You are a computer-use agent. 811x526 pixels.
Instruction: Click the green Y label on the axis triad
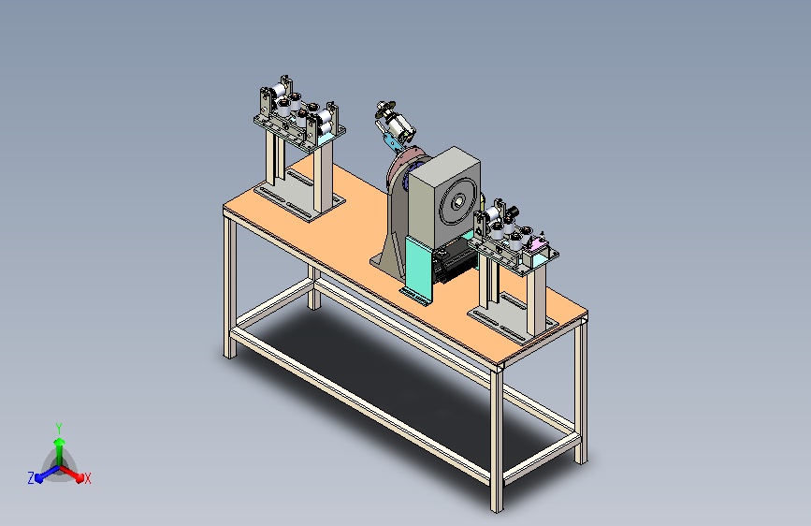click(x=59, y=428)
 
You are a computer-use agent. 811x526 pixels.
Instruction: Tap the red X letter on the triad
click(x=87, y=478)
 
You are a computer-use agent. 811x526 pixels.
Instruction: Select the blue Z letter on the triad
click(x=31, y=478)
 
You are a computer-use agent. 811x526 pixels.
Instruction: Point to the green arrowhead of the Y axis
click(x=60, y=443)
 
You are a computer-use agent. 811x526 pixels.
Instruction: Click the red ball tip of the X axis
click(x=80, y=478)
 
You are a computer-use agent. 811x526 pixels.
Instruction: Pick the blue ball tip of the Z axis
click(x=38, y=478)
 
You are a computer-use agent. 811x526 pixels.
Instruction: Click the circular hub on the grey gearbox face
click(x=457, y=202)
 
